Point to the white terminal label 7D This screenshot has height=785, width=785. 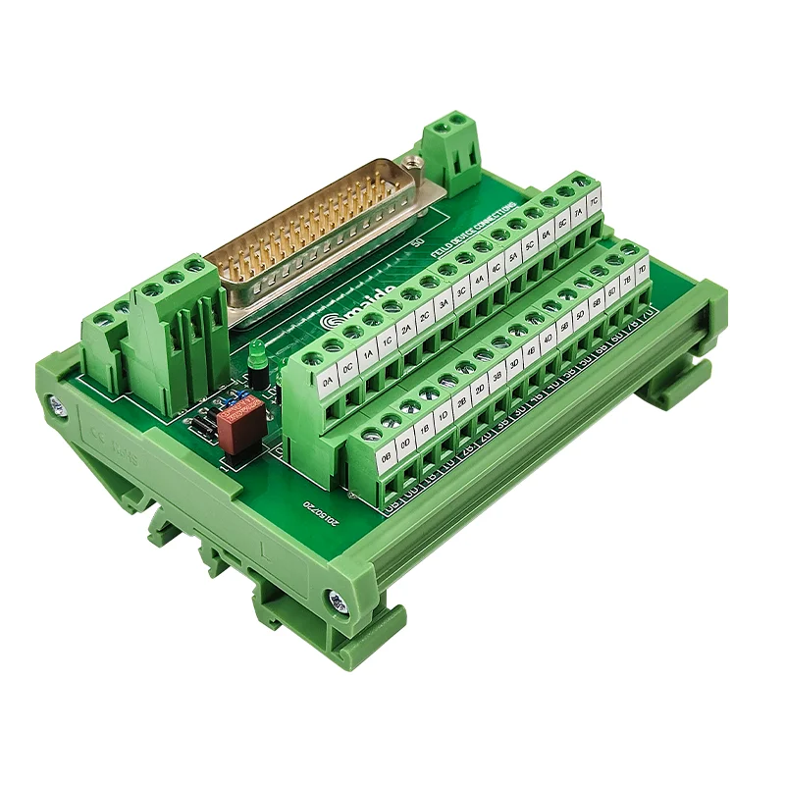[x=641, y=267]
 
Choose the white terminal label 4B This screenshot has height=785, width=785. [x=531, y=349]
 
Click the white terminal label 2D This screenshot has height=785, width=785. [x=480, y=388]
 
